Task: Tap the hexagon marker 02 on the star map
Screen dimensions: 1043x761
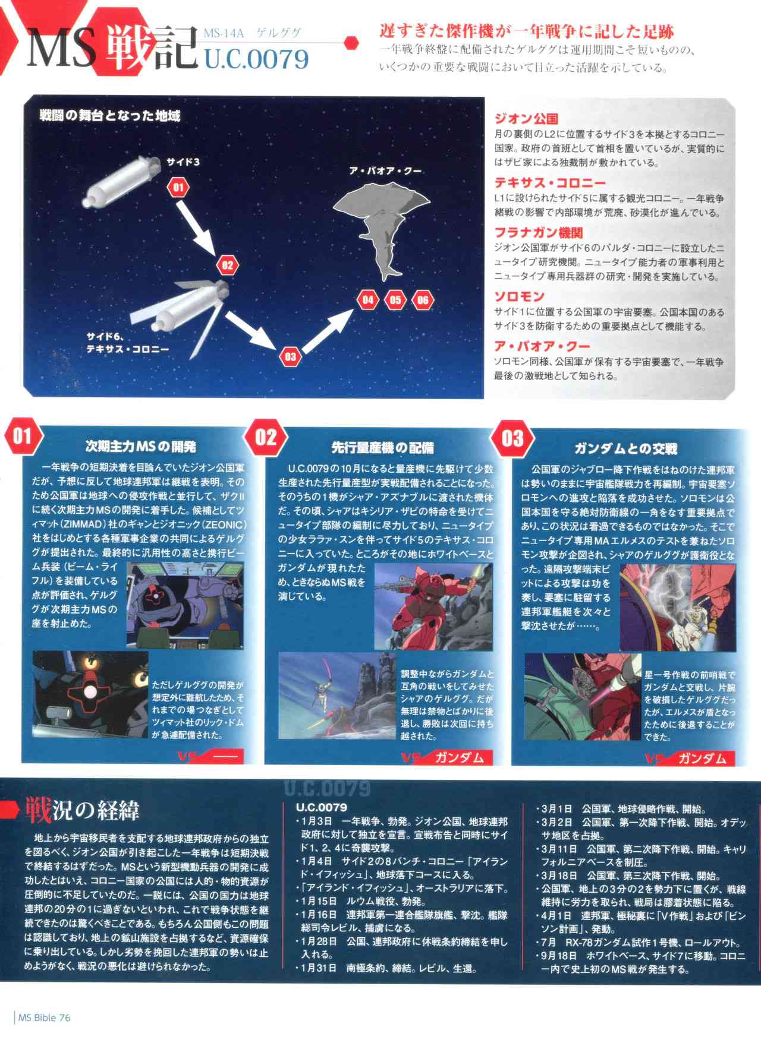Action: (x=228, y=266)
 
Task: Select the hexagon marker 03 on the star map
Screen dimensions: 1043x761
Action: (x=290, y=356)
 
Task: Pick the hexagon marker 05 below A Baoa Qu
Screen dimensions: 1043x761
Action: (x=395, y=299)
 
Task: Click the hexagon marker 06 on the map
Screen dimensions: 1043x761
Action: (x=423, y=299)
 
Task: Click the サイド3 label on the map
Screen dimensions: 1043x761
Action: (x=179, y=162)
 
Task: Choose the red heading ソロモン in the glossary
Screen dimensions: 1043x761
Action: (x=519, y=296)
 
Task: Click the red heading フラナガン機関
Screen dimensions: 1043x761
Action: (x=538, y=233)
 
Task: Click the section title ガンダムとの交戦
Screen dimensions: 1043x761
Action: (x=625, y=448)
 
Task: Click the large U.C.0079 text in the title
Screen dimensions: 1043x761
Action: (x=257, y=59)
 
